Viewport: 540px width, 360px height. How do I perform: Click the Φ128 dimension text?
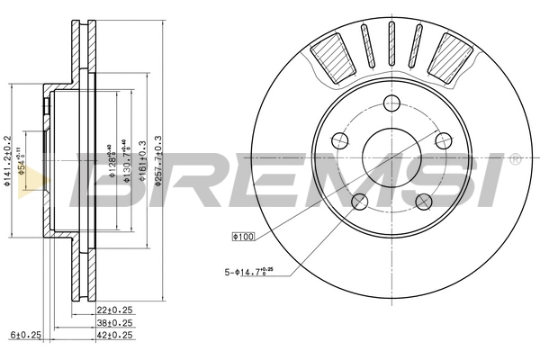pos(113,157)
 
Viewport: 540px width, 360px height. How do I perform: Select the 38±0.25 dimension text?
pos(114,323)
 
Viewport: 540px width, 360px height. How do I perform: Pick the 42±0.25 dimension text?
pos(114,335)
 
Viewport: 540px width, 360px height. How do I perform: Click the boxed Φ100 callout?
pos(245,237)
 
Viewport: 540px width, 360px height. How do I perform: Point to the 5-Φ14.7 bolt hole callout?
pos(250,269)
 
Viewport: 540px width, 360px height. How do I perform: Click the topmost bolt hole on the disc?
pos(391,103)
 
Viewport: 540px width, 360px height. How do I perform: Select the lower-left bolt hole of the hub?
pos(358,201)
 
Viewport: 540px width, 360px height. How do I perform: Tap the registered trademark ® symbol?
pos(514,159)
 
